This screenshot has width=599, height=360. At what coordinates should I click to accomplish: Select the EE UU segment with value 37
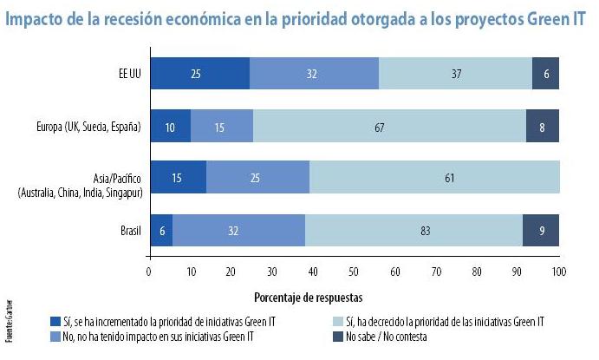455,74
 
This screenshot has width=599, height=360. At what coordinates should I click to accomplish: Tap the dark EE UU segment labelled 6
545,74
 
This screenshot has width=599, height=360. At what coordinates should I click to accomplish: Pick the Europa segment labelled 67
389,127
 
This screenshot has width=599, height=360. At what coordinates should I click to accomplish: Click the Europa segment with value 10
170,127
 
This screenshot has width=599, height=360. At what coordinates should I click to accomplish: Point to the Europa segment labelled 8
542,127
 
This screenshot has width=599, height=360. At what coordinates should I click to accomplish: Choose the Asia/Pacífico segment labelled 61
434,177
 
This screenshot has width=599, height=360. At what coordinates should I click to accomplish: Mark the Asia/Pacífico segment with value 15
178,177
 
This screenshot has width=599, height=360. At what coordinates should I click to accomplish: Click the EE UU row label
126,74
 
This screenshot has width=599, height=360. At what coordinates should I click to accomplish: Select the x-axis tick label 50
355,272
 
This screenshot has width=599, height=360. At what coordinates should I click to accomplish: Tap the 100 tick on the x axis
559,272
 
